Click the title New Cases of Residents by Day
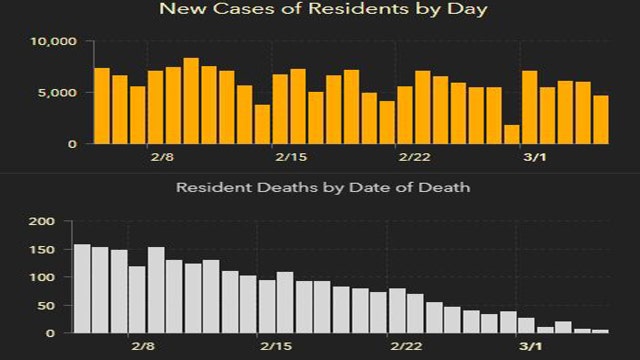319,10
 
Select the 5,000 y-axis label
56,93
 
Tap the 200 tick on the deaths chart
43,221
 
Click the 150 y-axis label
43,249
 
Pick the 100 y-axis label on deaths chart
43,277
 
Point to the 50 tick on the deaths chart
47,305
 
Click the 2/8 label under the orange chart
163,157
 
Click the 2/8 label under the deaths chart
142,345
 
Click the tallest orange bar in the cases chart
191,100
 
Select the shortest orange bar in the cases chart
511,134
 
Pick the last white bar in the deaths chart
600,330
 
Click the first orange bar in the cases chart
101,105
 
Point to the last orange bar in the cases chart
600,119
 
